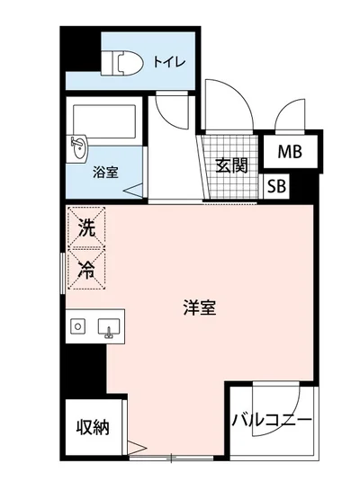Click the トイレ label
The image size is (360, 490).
point(169,61)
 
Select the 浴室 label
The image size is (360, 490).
point(105,172)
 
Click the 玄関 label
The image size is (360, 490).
point(231,165)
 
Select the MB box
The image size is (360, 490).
point(289,152)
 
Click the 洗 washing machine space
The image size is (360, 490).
point(86,228)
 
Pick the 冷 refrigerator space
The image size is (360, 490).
point(86,268)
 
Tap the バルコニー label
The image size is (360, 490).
point(271,420)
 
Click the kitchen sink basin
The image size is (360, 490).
point(112,327)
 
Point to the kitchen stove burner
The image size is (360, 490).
point(78,326)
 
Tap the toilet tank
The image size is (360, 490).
point(110,63)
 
